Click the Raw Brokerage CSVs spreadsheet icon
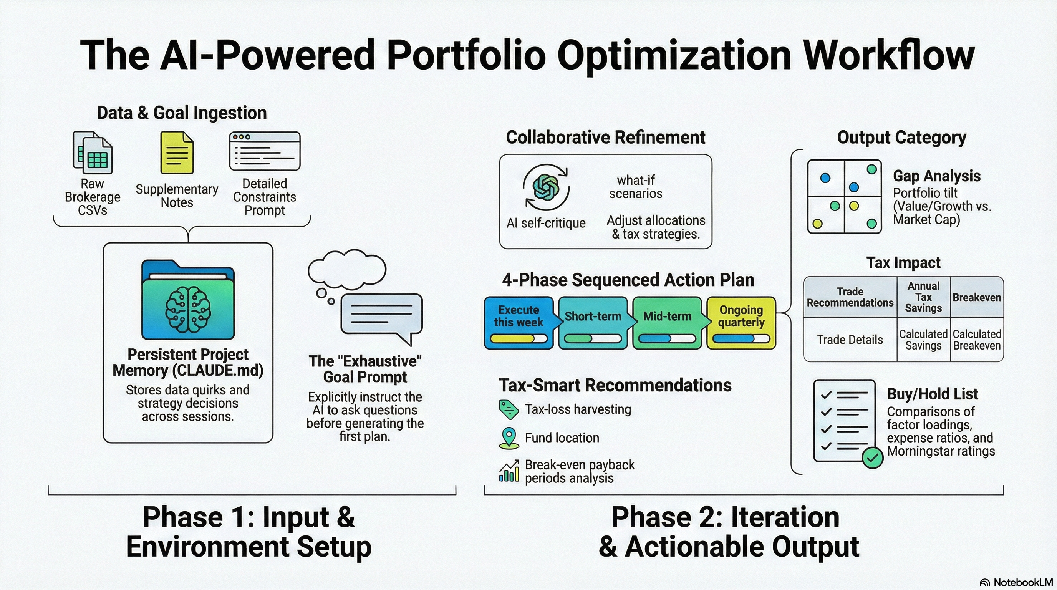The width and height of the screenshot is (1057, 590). [93, 152]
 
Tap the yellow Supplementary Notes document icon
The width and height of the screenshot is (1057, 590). [177, 152]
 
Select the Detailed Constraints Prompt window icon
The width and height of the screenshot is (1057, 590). [265, 151]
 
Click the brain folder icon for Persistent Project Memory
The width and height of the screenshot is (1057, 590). [188, 300]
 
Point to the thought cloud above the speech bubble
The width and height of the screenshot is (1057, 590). [347, 270]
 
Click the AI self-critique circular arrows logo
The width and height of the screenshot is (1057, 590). [546, 187]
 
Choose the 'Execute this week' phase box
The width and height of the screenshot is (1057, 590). [519, 323]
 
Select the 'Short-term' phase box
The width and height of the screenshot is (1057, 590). [593, 323]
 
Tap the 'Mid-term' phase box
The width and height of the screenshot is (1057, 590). [667, 323]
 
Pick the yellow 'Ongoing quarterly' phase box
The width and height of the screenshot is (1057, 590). [741, 323]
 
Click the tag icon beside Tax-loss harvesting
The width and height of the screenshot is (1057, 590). [509, 409]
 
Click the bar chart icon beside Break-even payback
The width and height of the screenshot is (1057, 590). [509, 471]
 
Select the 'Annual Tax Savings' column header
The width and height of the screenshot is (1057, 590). [923, 297]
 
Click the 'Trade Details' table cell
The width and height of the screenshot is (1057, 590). [850, 340]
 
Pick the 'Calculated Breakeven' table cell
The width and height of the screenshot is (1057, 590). [977, 340]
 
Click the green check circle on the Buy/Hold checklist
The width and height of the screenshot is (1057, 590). [872, 457]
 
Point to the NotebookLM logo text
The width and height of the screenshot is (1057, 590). [1022, 582]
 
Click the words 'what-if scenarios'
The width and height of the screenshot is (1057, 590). [636, 187]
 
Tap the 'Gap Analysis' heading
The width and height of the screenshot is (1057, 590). [937, 176]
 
